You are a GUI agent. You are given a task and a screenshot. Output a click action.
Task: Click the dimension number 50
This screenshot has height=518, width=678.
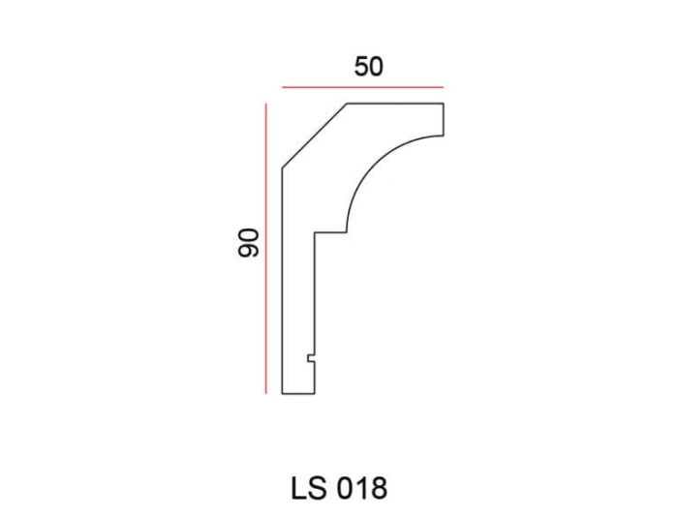[368, 67]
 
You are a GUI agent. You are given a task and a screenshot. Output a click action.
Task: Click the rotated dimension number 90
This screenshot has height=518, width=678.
[249, 243]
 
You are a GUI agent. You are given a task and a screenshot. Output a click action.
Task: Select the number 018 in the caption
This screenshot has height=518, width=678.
[361, 488]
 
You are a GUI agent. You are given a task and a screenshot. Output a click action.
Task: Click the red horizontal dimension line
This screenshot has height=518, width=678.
[363, 87]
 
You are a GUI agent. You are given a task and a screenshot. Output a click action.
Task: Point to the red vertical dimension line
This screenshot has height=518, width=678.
[266, 249]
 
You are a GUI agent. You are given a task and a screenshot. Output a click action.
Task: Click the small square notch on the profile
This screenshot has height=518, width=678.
[311, 358]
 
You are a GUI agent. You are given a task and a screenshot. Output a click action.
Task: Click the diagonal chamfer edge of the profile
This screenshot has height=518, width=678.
[315, 136]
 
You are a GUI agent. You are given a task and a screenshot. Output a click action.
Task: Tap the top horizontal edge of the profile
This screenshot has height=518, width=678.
[395, 104]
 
